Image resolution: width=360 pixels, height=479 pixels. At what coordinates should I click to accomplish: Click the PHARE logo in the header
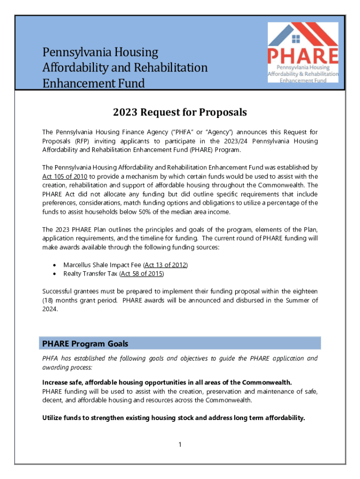pyautogui.click(x=302, y=52)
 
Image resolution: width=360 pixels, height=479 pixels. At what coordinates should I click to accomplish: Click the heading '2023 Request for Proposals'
pyautogui.click(x=180, y=113)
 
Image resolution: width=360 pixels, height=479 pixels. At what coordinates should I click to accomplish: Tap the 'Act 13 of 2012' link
pyautogui.click(x=166, y=265)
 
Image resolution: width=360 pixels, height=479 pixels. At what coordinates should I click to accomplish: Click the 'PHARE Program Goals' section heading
pyautogui.click(x=86, y=343)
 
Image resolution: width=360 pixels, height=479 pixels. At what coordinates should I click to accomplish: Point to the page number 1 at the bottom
pyautogui.click(x=180, y=444)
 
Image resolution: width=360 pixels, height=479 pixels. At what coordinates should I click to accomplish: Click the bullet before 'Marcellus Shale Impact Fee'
pyautogui.click(x=56, y=265)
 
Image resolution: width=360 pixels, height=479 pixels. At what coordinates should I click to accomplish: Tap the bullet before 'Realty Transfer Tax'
pyautogui.click(x=56, y=274)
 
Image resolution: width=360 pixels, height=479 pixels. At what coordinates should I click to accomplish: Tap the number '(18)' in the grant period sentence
pyautogui.click(x=49, y=300)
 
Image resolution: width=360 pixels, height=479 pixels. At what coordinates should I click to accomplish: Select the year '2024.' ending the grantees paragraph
pyautogui.click(x=50, y=309)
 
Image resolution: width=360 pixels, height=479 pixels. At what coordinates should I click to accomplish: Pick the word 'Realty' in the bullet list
pyautogui.click(x=73, y=274)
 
